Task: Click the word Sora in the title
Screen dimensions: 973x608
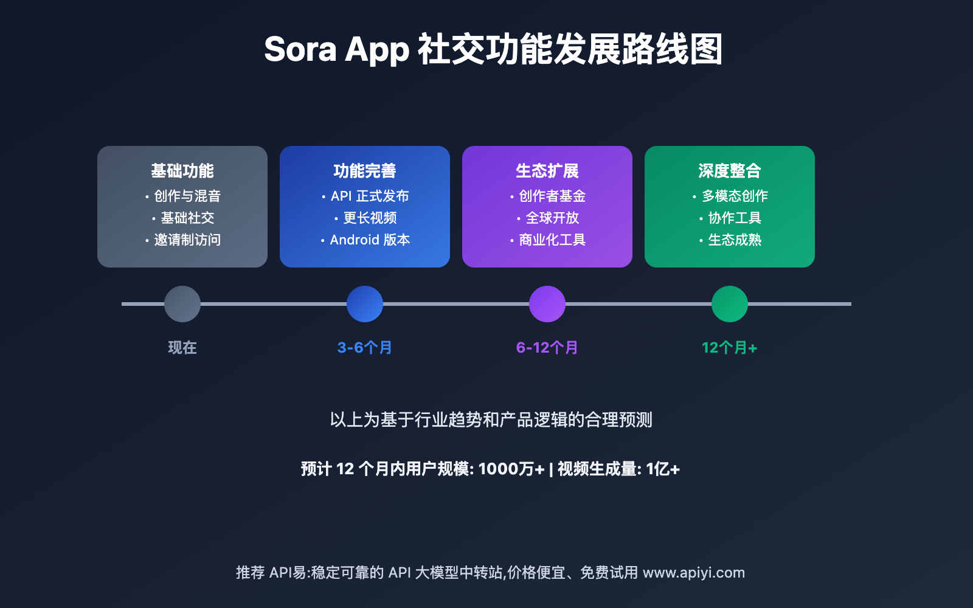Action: click(x=300, y=49)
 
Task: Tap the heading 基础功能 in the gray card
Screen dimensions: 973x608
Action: click(x=182, y=171)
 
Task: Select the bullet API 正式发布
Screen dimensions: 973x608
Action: click(x=370, y=196)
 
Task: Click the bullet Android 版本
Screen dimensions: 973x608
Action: click(x=370, y=240)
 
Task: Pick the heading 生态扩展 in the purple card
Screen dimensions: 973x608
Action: click(x=547, y=171)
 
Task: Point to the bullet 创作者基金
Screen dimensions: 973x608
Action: click(x=552, y=196)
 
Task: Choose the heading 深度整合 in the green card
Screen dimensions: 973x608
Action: click(x=730, y=171)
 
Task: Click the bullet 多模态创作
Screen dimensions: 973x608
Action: click(x=735, y=196)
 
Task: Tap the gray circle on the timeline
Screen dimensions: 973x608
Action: click(x=182, y=304)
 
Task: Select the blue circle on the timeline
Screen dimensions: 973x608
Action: click(x=365, y=304)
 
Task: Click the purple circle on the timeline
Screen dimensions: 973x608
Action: click(x=547, y=304)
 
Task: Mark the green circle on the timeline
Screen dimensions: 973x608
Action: click(x=730, y=304)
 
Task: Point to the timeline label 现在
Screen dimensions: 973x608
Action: click(x=182, y=347)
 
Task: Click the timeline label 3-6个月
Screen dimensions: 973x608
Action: click(x=365, y=347)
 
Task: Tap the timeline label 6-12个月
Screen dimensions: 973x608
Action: click(x=547, y=347)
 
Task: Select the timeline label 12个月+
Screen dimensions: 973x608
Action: click(x=730, y=347)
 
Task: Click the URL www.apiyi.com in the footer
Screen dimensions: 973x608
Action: click(x=694, y=573)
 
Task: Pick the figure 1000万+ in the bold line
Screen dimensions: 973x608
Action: click(x=511, y=469)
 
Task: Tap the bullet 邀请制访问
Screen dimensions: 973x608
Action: click(x=187, y=240)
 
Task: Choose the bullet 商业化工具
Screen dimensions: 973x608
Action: click(x=552, y=240)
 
